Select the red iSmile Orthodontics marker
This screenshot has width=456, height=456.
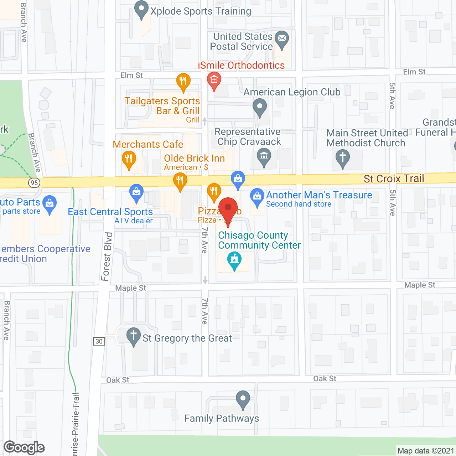(x=214, y=81)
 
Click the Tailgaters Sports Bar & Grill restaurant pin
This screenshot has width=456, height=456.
(x=183, y=81)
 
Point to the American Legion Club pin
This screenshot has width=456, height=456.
(x=259, y=107)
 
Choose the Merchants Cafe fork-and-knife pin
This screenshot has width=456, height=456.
(x=129, y=159)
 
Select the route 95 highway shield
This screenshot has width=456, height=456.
(x=34, y=183)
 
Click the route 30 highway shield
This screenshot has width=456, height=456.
(x=99, y=341)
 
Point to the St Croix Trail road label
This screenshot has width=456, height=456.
(x=394, y=178)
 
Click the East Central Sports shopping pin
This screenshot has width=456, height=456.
(x=136, y=193)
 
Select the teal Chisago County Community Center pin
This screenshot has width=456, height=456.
(x=234, y=260)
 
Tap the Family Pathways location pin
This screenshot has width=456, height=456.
(x=243, y=399)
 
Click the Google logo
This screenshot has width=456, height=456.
(x=24, y=447)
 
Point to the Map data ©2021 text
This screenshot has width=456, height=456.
(x=426, y=451)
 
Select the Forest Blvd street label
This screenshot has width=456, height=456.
(x=107, y=256)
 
